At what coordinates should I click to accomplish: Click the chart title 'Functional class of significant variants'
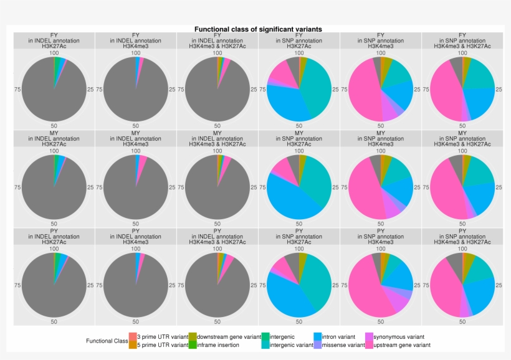(x=258, y=29)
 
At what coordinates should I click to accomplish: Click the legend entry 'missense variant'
(x=343, y=344)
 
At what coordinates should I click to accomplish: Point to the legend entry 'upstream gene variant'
(x=401, y=344)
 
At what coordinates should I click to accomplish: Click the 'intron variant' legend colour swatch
(x=317, y=336)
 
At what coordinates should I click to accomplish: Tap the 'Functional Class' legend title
(x=107, y=341)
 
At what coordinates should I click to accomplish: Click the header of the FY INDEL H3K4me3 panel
(x=136, y=40)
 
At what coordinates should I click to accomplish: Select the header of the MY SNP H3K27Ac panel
(x=299, y=138)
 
